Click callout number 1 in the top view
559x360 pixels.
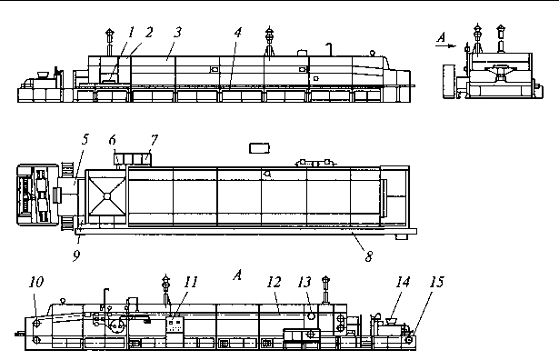pyautogui.click(x=132, y=33)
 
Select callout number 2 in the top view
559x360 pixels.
pyautogui.click(x=149, y=33)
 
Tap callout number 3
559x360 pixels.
pyautogui.click(x=177, y=33)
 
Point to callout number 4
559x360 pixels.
pyautogui.click(x=238, y=33)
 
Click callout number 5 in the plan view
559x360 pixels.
pyautogui.click(x=85, y=139)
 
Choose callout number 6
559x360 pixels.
pyautogui.click(x=113, y=140)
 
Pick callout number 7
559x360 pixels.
pyautogui.click(x=154, y=140)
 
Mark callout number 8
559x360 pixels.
pyautogui.click(x=369, y=256)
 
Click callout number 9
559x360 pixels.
pyautogui.click(x=76, y=255)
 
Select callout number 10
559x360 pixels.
pyautogui.click(x=36, y=282)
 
